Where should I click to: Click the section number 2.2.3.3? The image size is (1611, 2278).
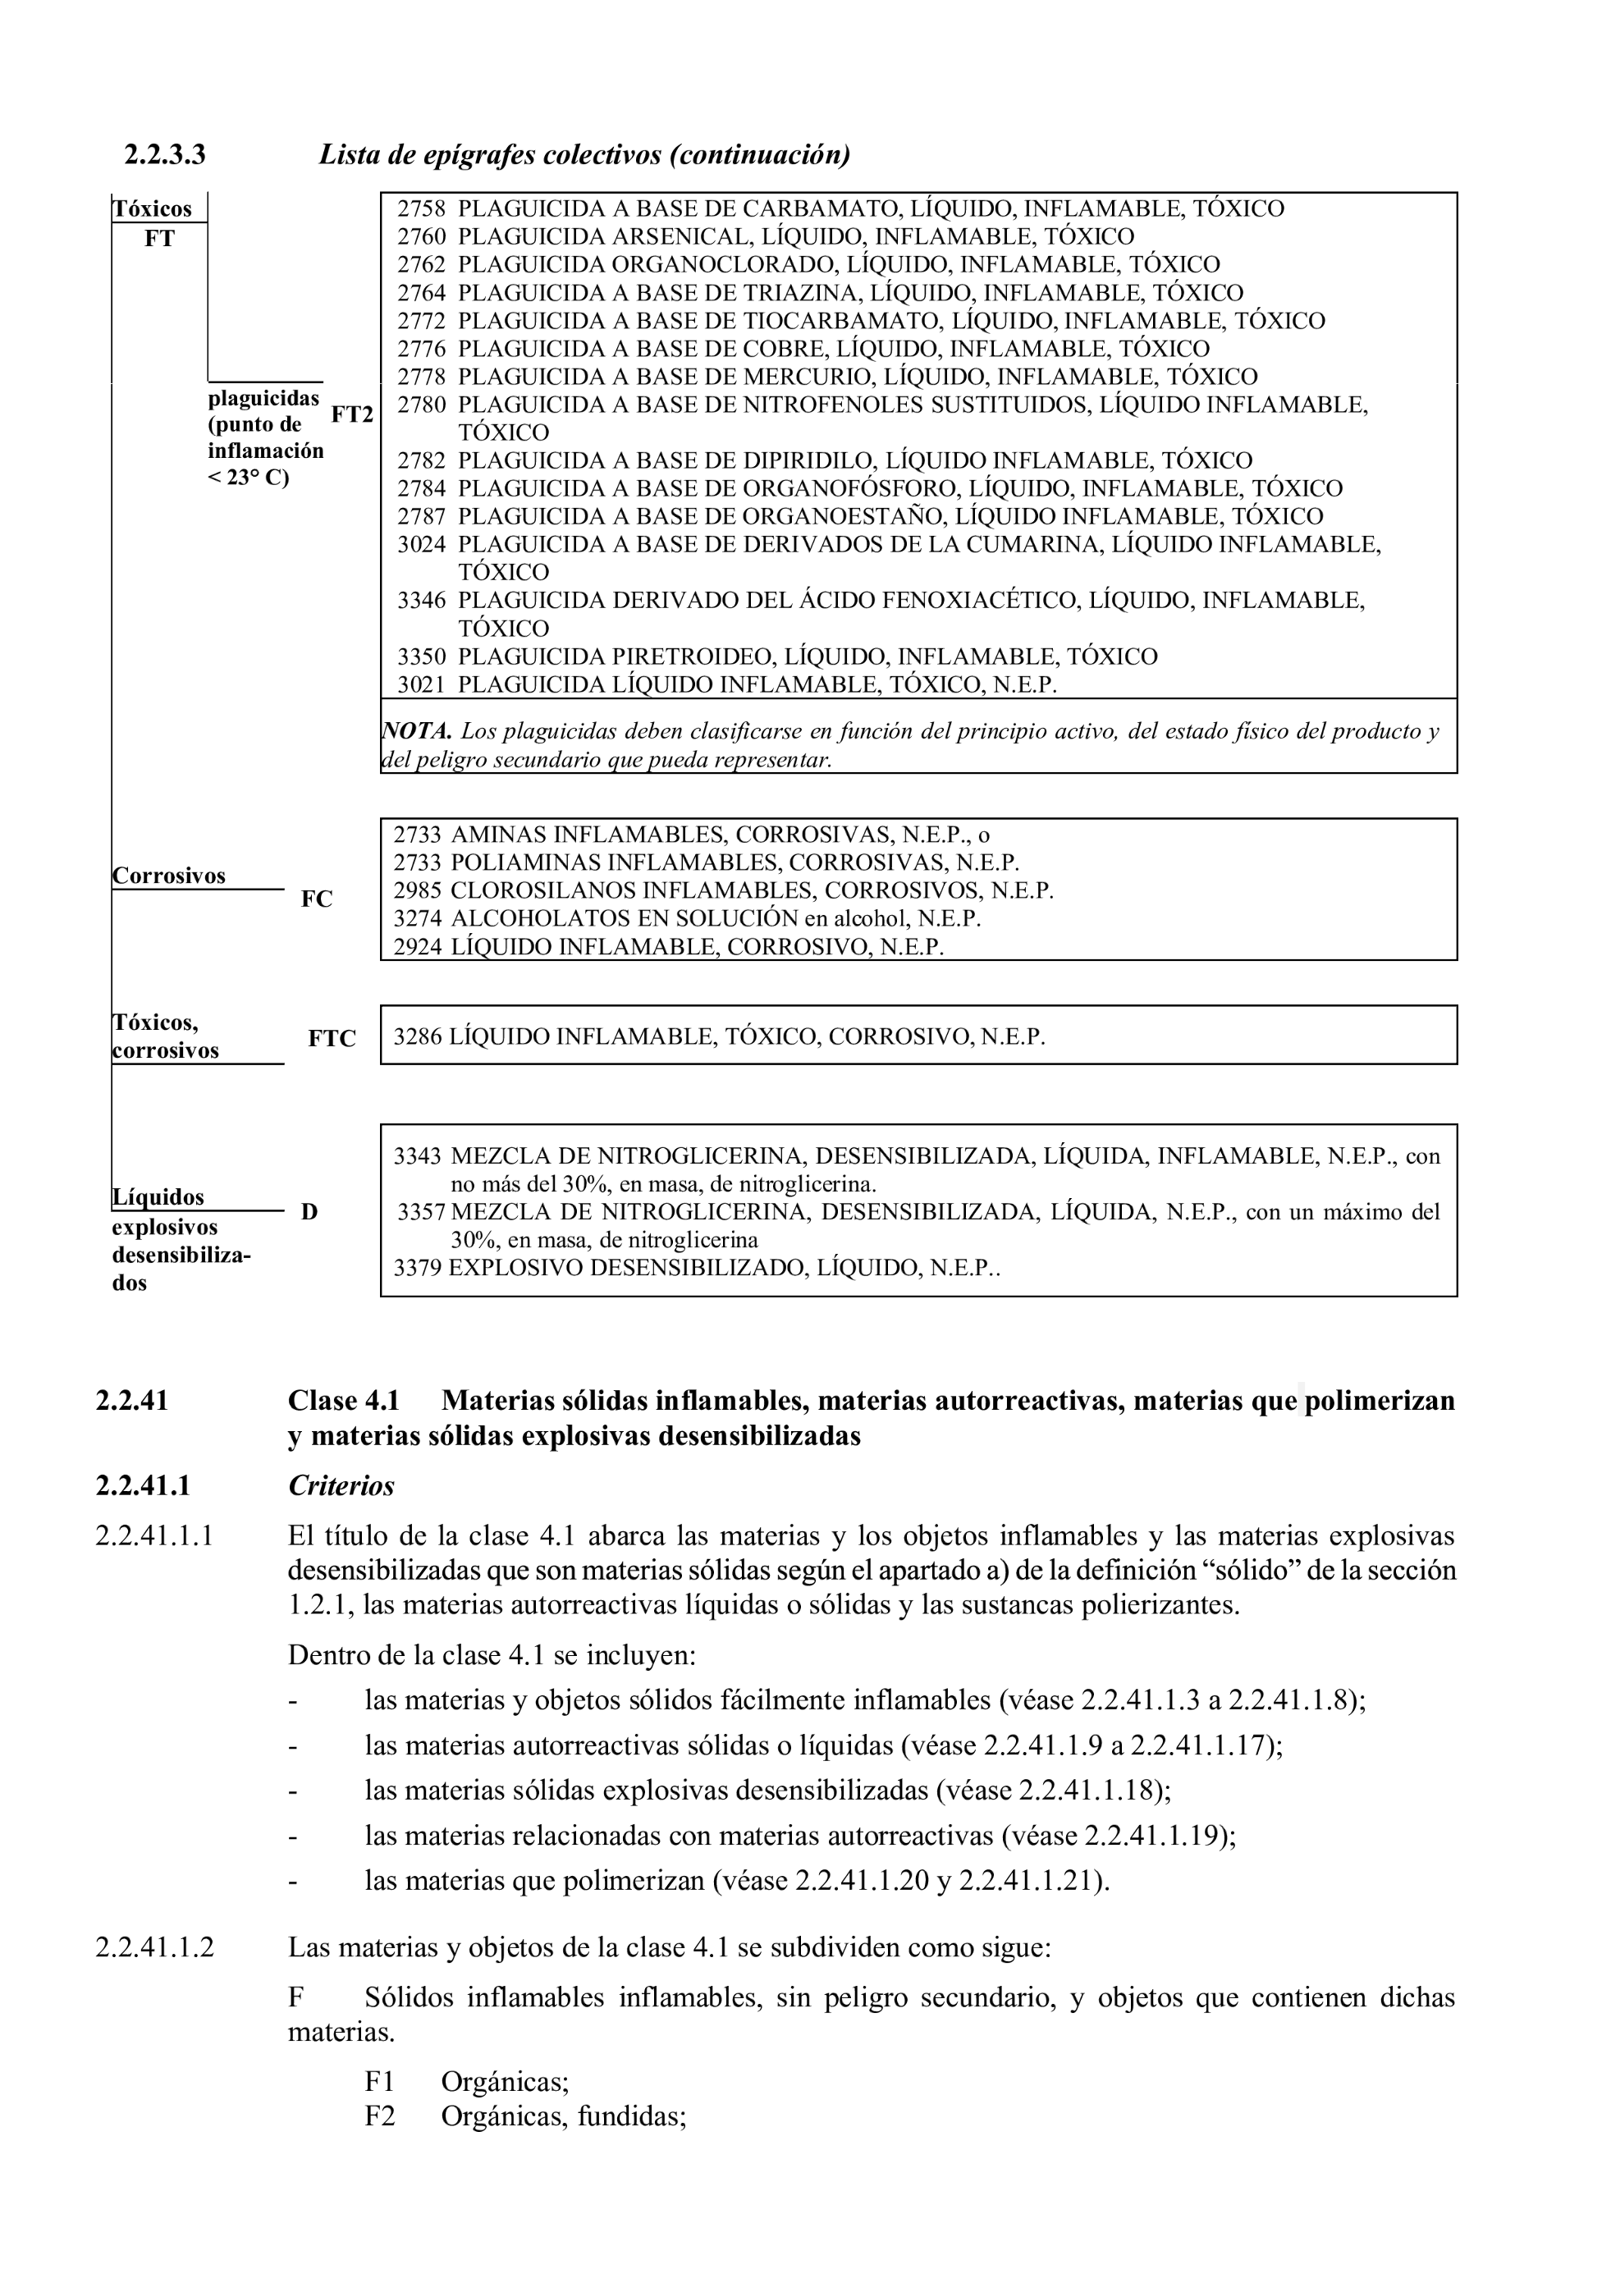[x=165, y=156]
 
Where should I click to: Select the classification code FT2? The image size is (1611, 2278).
[x=351, y=414]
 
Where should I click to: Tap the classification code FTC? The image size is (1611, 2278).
[x=332, y=1039]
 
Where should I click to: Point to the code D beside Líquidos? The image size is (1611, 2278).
[x=309, y=1211]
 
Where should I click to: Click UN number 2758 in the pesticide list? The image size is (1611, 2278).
[x=422, y=208]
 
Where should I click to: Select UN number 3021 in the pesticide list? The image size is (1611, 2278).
[x=422, y=684]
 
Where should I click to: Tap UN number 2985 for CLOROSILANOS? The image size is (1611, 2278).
[x=418, y=891]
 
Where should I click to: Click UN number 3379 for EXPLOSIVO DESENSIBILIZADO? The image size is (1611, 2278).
[x=417, y=1268]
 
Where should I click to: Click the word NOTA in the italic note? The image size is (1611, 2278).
[x=417, y=732]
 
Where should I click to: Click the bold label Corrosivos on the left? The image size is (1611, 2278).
[x=168, y=876]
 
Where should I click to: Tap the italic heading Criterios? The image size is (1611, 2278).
[x=341, y=1485]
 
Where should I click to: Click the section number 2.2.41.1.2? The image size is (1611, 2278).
[x=155, y=1946]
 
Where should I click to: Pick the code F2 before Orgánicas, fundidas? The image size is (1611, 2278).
[x=379, y=2116]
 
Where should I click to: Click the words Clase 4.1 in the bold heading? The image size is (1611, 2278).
[x=343, y=1401]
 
